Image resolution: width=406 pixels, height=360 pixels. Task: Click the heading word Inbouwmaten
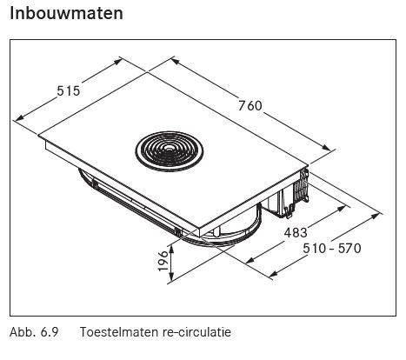point(66,13)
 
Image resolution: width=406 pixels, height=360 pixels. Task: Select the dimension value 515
point(68,91)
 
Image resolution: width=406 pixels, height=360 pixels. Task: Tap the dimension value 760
point(250,105)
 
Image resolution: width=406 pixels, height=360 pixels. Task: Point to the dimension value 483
point(296,232)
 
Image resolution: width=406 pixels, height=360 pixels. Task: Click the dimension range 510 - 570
point(332,249)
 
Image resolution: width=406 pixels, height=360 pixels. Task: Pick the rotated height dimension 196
point(163,261)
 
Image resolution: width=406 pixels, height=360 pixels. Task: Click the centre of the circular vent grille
point(170,150)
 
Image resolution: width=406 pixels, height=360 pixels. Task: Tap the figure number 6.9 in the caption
point(50,332)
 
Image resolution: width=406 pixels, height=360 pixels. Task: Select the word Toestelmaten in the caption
point(119,332)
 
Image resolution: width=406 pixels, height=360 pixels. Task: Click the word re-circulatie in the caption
point(196,332)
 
